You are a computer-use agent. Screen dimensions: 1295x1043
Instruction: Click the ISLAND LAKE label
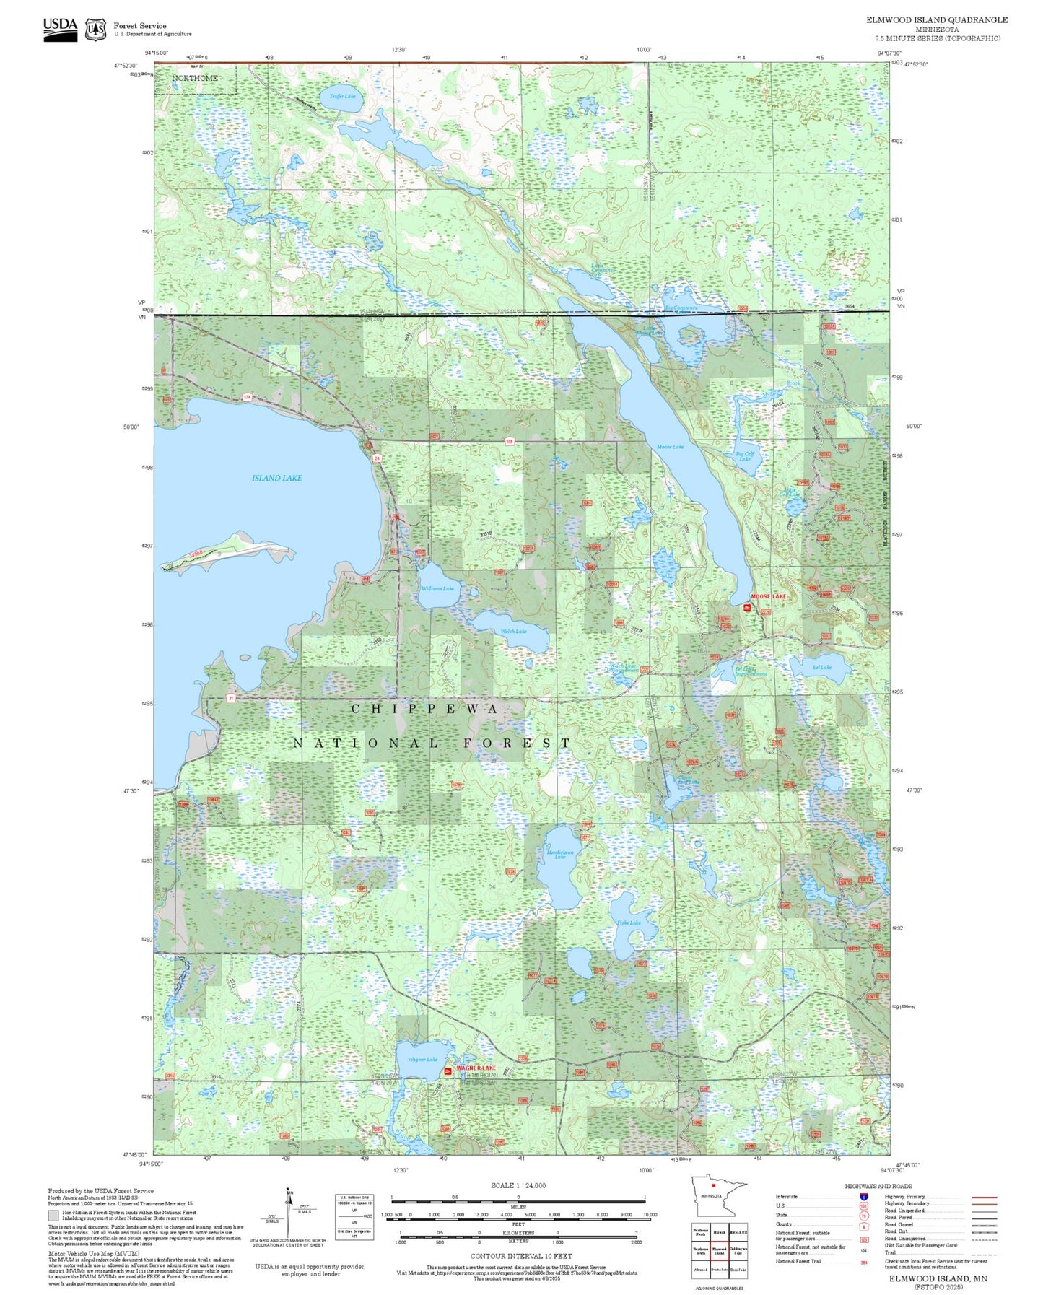point(276,478)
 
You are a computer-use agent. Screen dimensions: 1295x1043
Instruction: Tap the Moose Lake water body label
point(669,447)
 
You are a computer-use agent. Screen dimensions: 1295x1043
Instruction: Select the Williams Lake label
point(437,588)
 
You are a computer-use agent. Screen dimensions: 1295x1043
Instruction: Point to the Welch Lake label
point(513,631)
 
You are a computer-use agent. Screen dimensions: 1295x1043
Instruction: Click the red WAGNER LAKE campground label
point(476,1068)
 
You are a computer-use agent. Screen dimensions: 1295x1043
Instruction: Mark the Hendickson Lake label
point(560,854)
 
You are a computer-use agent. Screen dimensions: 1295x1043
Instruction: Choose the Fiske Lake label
point(629,923)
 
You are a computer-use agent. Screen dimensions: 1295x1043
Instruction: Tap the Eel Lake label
point(821,667)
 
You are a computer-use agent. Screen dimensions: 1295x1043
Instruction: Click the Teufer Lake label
point(342,96)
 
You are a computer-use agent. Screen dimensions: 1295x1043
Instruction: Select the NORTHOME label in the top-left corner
point(195,78)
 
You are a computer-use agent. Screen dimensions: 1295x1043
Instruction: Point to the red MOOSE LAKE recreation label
point(768,596)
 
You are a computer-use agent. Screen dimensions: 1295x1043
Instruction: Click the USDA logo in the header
point(60,28)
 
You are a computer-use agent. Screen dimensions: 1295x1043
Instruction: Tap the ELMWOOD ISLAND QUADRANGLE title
point(936,19)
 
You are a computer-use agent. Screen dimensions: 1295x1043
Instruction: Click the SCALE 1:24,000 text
point(518,1185)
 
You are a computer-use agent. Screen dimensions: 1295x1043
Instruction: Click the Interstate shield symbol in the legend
point(863,1197)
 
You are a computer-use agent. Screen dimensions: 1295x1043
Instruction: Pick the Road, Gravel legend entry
point(899,1224)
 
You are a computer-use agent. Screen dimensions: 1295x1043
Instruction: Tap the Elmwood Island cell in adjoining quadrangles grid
point(719,1251)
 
